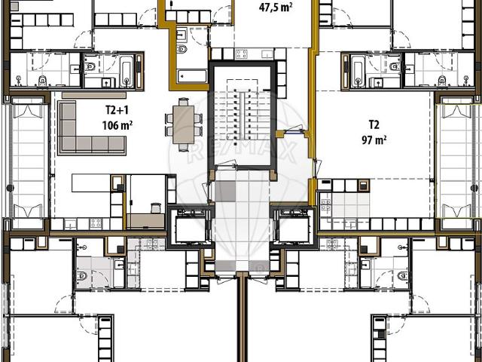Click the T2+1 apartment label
tap(114, 110)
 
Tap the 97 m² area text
tap(374, 140)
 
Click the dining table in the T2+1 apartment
tap(184, 124)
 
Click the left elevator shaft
tap(189, 225)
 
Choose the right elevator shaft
tap(294, 225)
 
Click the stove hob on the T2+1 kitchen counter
tap(96, 223)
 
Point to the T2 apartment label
tap(374, 124)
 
